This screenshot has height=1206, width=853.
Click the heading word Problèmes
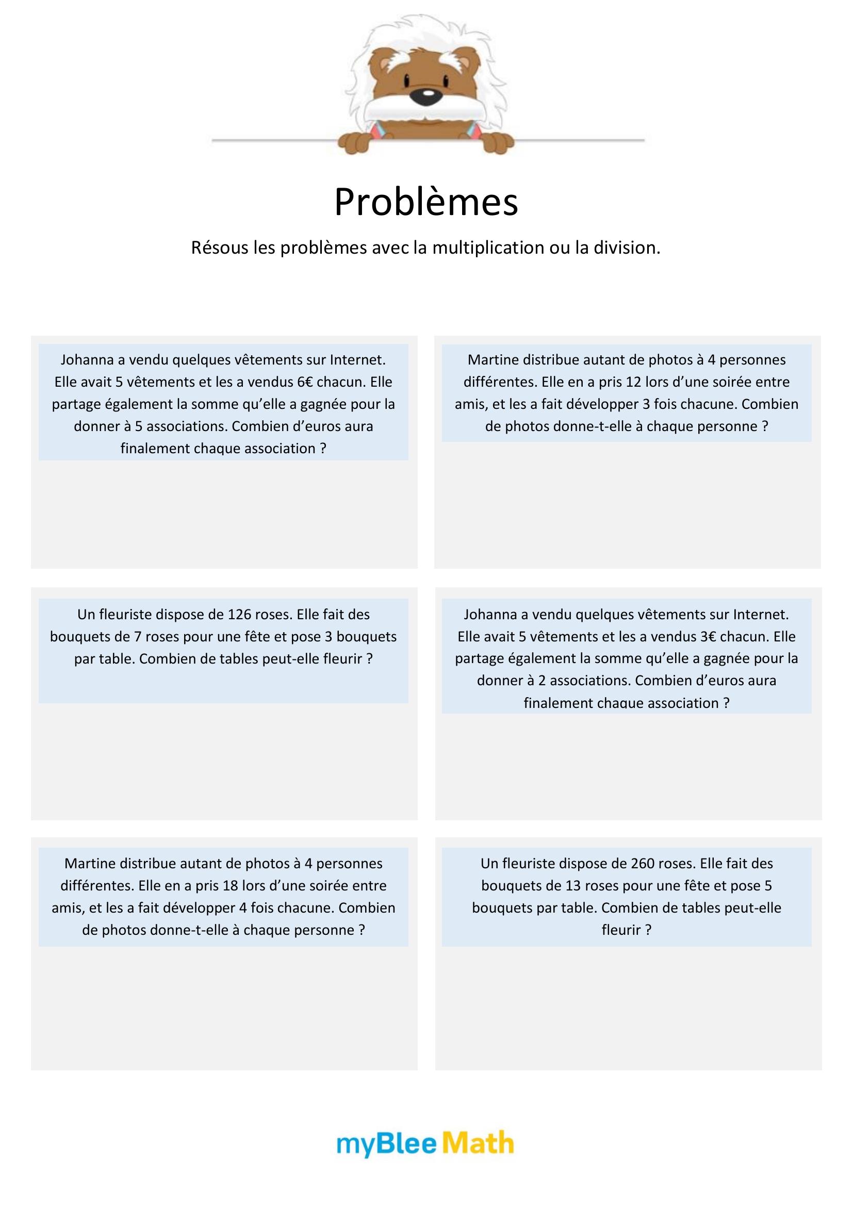[x=426, y=202]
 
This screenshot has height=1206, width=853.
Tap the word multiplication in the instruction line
[x=488, y=247]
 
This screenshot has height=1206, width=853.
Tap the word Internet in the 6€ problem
[x=358, y=360]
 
